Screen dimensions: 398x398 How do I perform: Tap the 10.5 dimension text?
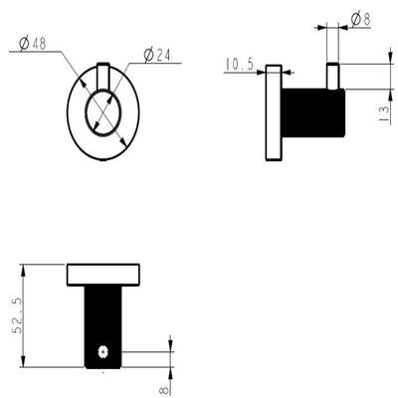[x=240, y=65]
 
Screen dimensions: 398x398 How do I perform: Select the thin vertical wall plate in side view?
[x=274, y=112]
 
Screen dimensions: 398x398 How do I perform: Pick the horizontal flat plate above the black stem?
[x=102, y=275]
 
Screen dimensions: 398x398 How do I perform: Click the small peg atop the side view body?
[x=334, y=75]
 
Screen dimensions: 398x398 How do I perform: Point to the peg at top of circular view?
[x=103, y=75]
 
